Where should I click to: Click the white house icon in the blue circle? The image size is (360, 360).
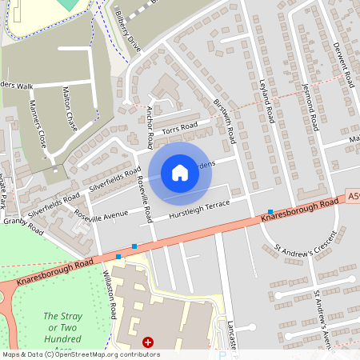[x=180, y=172]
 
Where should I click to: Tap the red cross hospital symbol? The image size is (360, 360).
[x=147, y=342]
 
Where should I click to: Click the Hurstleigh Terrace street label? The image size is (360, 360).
[x=196, y=210]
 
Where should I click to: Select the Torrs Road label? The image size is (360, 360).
[x=179, y=127]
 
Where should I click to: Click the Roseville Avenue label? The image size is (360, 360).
[x=101, y=214]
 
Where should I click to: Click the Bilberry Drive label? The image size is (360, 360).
[x=128, y=33]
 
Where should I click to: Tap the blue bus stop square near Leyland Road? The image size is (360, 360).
[x=270, y=211]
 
